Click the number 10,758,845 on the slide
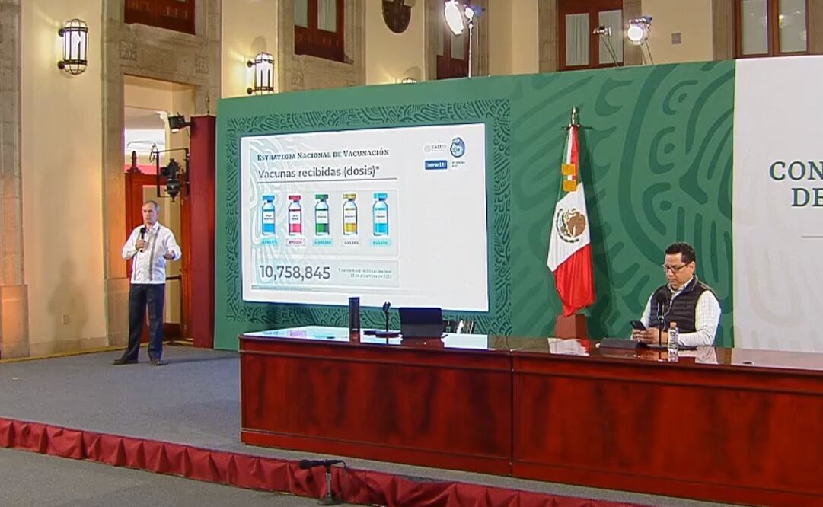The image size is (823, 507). tap(295, 273)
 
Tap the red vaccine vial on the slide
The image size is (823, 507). tap(295, 215)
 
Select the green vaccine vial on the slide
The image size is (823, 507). tap(322, 215)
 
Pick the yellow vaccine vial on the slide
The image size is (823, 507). tap(349, 215)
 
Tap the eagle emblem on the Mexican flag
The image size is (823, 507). tap(571, 225)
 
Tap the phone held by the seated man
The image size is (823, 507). tap(637, 326)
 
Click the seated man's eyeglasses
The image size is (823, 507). tap(675, 267)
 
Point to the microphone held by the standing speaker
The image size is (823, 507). tap(142, 236)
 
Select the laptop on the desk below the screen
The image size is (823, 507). tap(421, 322)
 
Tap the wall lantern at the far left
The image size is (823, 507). tap(73, 46)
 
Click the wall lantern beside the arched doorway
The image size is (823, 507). tap(261, 73)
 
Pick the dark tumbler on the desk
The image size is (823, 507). tap(354, 314)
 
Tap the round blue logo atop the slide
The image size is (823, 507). tap(457, 147)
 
